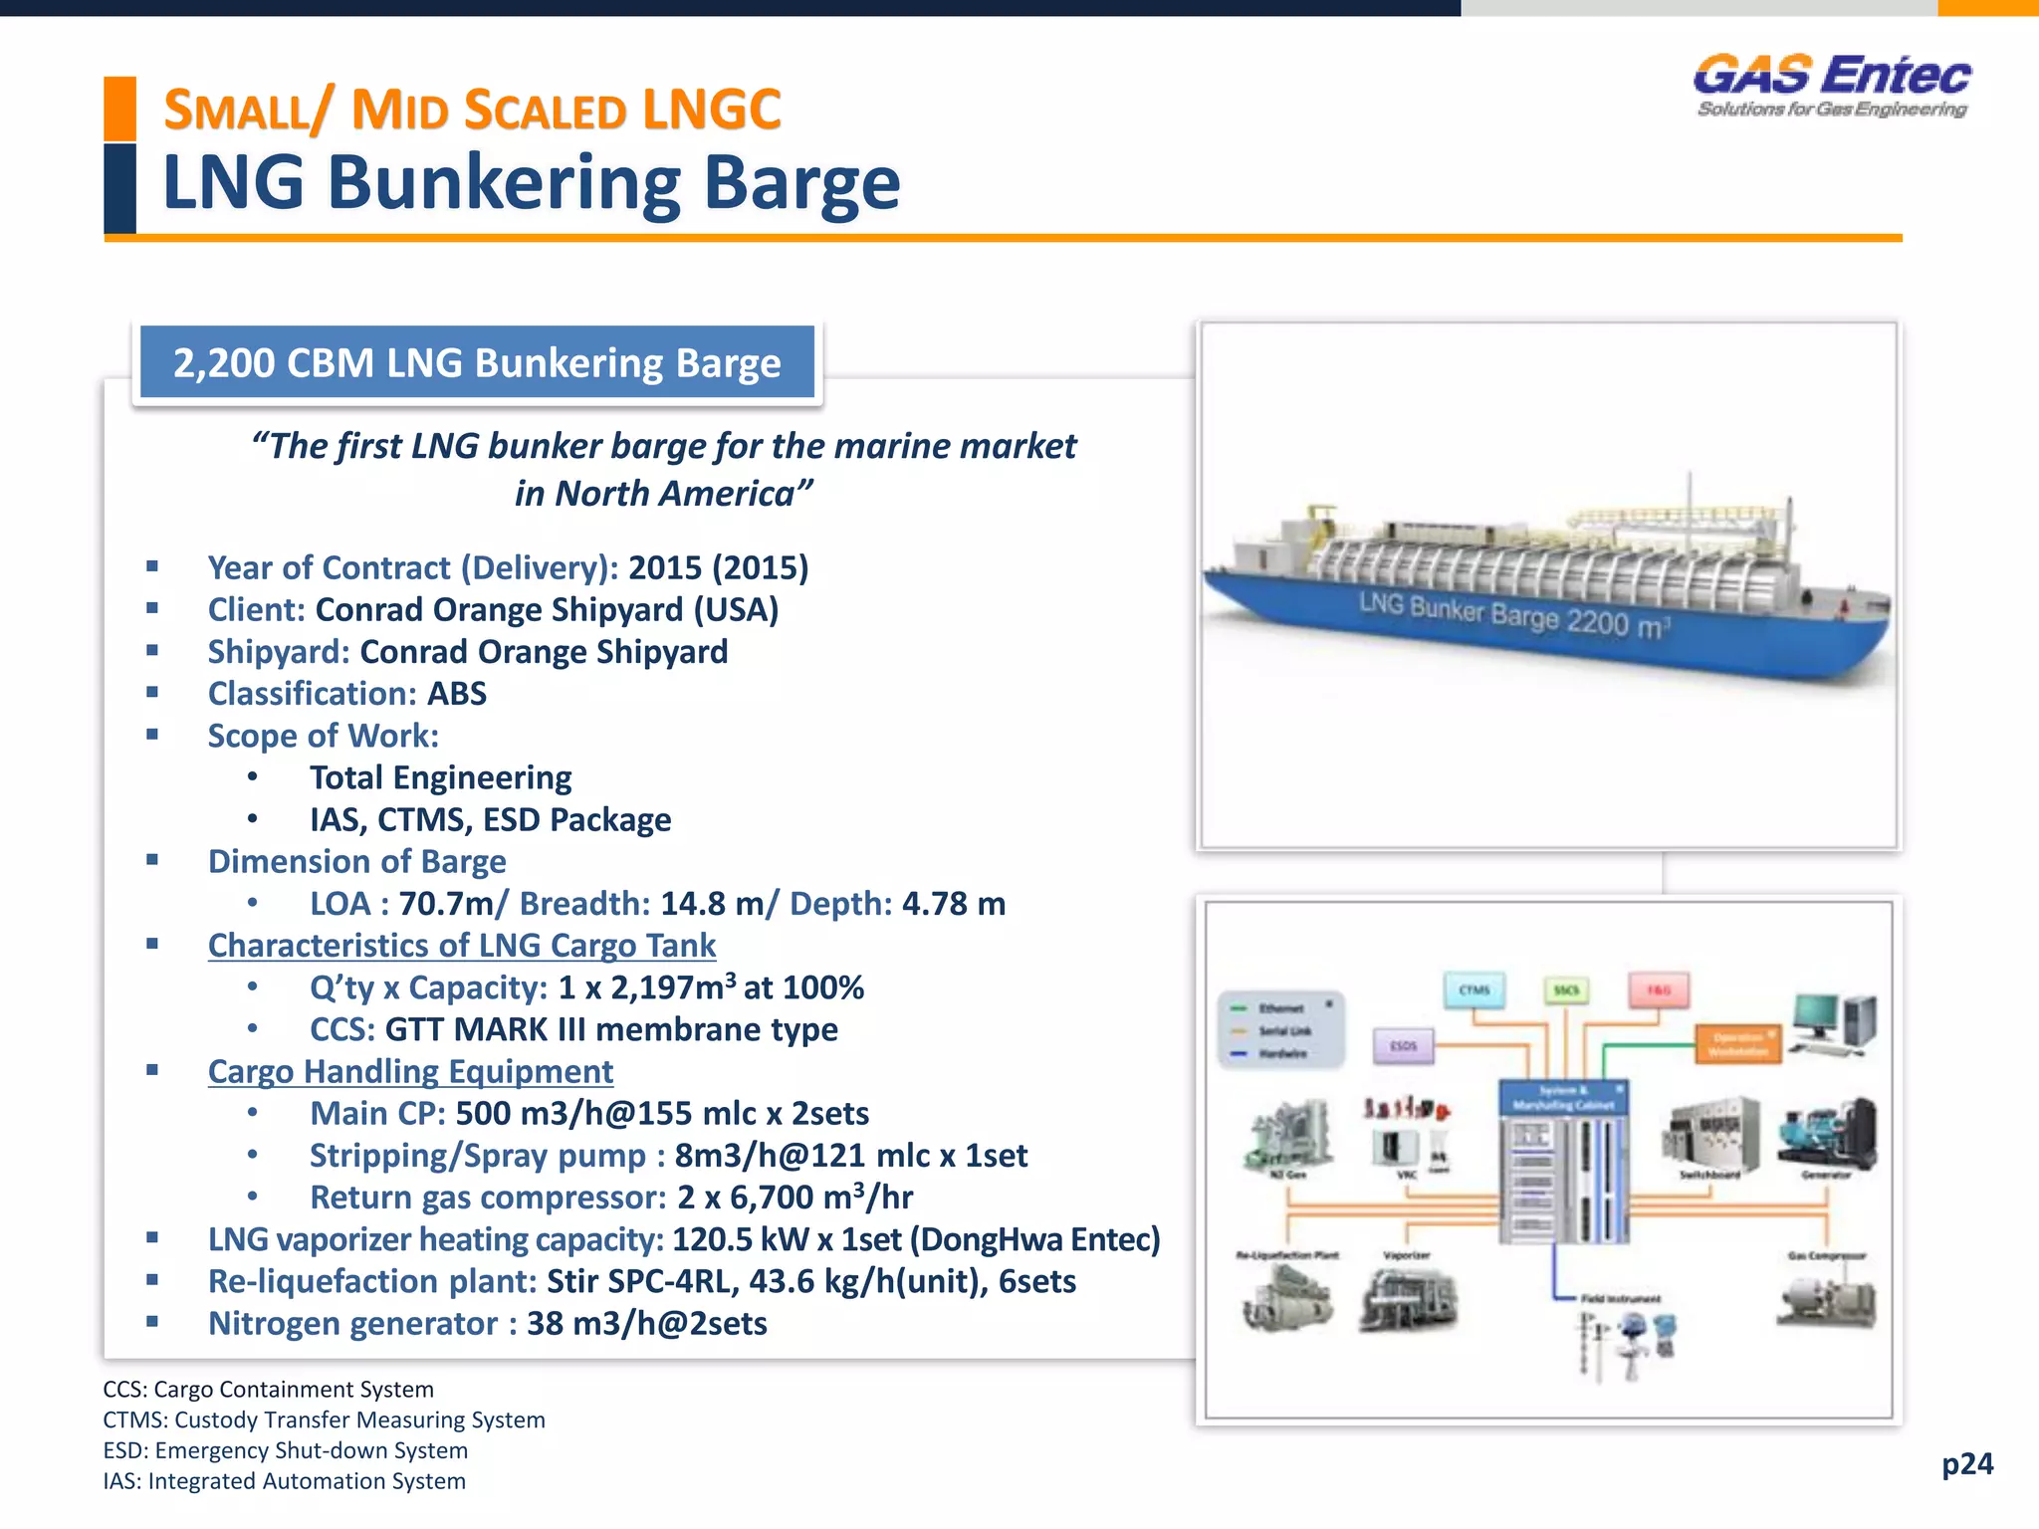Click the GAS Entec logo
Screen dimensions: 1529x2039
[1832, 85]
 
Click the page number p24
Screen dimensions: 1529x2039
[1967, 1463]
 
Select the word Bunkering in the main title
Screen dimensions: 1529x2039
[504, 184]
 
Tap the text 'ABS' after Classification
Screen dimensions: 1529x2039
[457, 694]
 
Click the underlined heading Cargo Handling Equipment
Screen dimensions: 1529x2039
[410, 1072]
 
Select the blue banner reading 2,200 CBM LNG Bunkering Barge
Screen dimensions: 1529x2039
[477, 363]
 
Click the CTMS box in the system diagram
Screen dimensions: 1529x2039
[1474, 990]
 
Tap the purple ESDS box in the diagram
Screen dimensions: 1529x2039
[1403, 1046]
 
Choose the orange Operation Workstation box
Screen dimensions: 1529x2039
[1738, 1044]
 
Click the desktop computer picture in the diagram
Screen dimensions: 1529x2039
[1835, 1024]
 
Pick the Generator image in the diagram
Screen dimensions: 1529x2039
[1827, 1134]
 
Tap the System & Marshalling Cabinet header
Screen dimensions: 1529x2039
[1563, 1098]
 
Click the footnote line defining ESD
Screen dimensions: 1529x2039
[286, 1450]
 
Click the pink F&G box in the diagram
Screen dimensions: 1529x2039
[1659, 990]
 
